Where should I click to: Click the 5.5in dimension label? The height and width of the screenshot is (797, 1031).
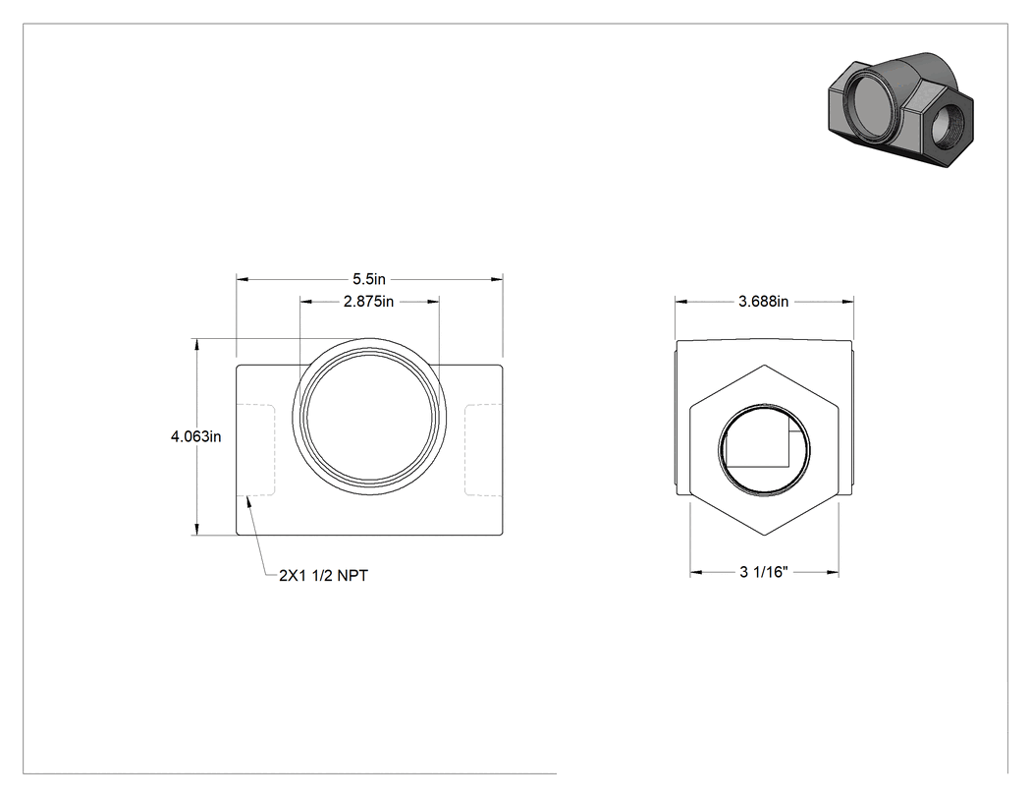point(369,279)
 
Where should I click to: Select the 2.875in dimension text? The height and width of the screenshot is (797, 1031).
point(368,302)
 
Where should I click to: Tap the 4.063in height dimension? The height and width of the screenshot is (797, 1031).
point(196,436)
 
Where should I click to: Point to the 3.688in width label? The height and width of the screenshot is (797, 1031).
point(763,302)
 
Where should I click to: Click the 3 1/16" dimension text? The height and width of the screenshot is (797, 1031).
point(763,572)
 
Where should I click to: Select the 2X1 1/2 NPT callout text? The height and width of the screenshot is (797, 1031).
point(323,575)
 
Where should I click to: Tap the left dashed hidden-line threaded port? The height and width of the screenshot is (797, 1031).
point(255,449)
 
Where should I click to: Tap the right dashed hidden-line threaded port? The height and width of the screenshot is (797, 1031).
point(484,449)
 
